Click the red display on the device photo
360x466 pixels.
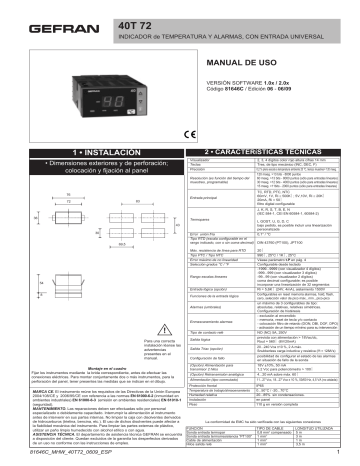pyautogui.click(x=84, y=97)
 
